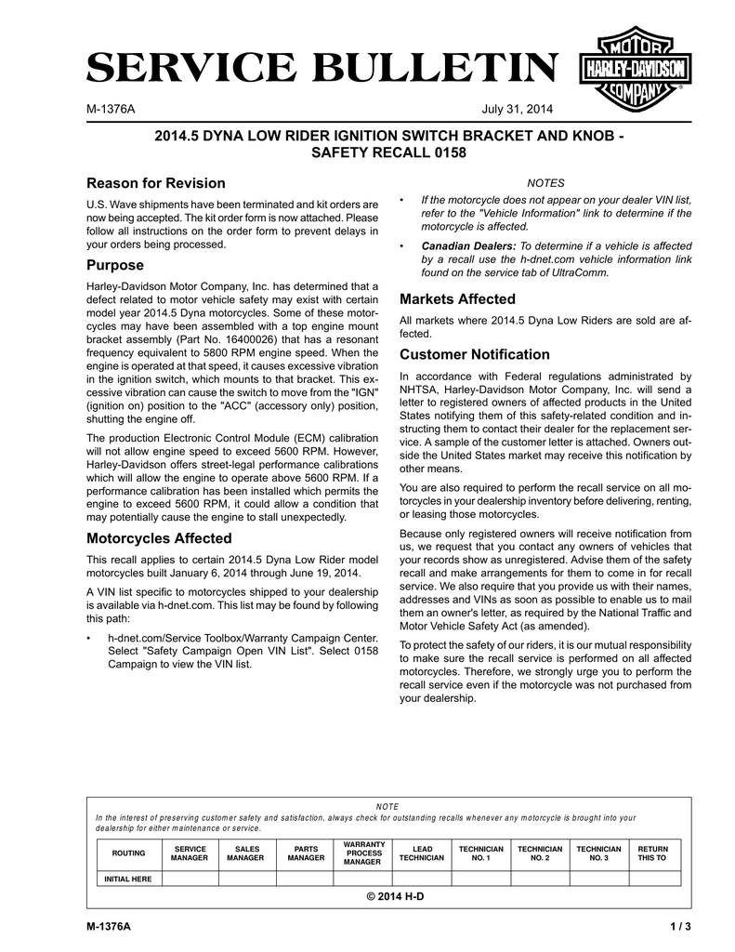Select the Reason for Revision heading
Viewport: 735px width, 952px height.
[x=156, y=182]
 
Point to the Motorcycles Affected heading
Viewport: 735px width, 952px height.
[x=159, y=537]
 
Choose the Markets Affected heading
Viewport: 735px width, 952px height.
[x=457, y=298]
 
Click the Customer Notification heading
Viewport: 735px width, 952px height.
[x=474, y=354]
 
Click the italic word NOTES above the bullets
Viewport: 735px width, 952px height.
[x=545, y=182]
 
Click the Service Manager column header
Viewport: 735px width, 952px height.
[x=190, y=853]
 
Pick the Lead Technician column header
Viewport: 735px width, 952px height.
[x=421, y=853]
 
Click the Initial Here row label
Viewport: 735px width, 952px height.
[x=128, y=879]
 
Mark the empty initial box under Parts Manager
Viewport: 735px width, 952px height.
[x=306, y=879]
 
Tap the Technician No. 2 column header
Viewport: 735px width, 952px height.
[x=539, y=853]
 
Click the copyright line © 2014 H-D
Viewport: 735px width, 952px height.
[x=388, y=895]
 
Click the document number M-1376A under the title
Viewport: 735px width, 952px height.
[x=111, y=110]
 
